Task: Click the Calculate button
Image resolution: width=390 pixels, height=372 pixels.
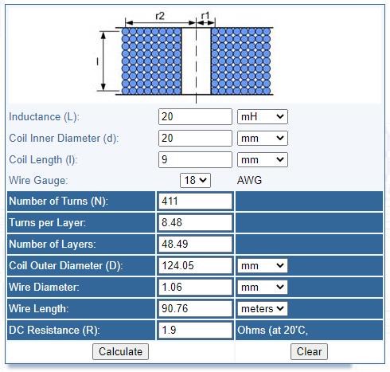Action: tap(120, 351)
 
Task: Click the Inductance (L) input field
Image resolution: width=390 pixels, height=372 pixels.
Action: tap(195, 116)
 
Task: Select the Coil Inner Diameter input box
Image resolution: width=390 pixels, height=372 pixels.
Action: tap(195, 138)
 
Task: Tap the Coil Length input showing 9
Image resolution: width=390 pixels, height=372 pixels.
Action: tap(195, 159)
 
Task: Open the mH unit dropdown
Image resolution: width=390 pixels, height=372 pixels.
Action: tap(263, 116)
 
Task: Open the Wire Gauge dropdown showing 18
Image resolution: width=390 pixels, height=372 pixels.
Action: tap(195, 180)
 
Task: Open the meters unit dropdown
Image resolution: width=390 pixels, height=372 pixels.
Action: tap(263, 308)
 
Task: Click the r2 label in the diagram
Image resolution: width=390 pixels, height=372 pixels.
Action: tap(160, 16)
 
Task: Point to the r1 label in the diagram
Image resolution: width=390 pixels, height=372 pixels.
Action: tap(205, 16)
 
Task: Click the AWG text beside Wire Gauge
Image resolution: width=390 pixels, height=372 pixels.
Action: tap(249, 180)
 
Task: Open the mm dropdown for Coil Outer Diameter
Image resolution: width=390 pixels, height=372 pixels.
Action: tap(263, 265)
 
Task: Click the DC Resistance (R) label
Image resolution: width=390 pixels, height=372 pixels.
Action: tap(54, 330)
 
